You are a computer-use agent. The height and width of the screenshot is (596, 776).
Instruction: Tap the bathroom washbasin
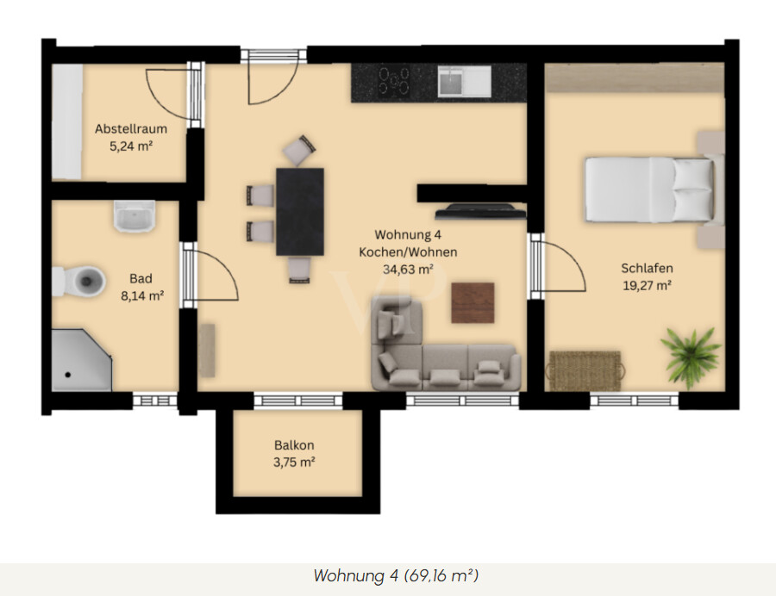click(135, 216)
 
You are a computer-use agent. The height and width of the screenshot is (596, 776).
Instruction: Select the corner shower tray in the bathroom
click(82, 360)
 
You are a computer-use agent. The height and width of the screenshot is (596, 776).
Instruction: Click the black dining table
click(300, 212)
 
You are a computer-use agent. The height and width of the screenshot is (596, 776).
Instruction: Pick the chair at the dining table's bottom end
click(299, 270)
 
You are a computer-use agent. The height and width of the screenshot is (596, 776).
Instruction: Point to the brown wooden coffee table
click(472, 302)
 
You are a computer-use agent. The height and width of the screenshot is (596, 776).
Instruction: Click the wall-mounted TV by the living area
click(480, 212)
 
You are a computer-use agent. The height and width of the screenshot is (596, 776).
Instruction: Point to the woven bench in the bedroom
click(585, 370)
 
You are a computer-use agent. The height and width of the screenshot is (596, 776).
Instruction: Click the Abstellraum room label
click(131, 129)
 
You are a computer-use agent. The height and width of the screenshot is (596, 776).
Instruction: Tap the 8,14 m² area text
click(142, 296)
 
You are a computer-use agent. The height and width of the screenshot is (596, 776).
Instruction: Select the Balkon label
click(294, 445)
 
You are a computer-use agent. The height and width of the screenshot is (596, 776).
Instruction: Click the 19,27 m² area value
click(647, 286)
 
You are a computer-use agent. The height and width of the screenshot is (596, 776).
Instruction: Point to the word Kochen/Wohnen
click(408, 252)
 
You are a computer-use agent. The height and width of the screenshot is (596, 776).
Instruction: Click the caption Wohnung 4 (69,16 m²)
click(396, 575)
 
